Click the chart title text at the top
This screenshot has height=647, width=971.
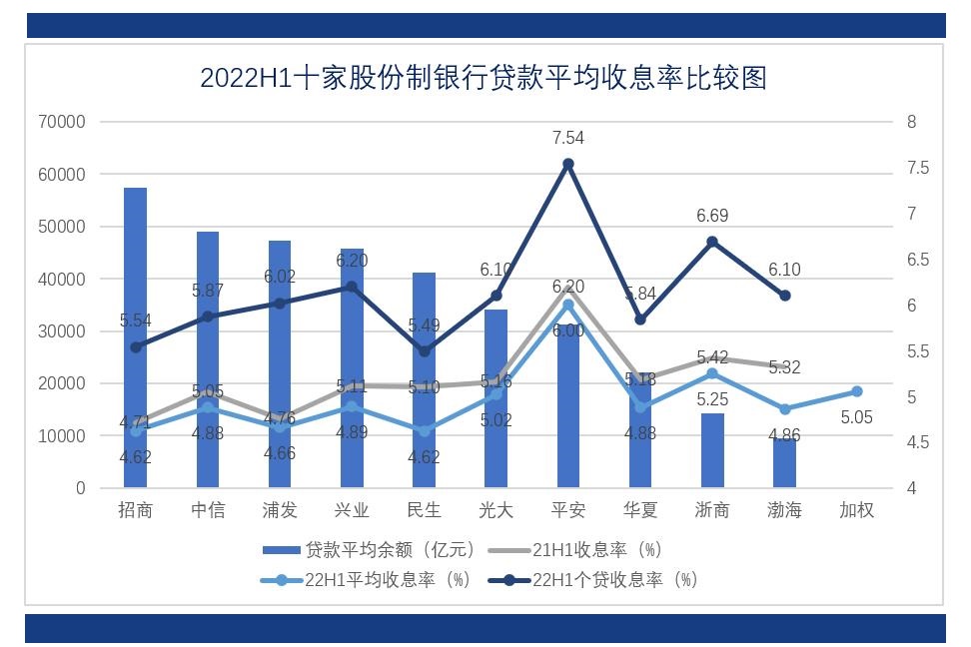pos(484,78)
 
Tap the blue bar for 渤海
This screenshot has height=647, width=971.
pos(784,464)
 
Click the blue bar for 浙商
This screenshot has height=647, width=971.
pos(712,451)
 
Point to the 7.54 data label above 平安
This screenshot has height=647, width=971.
pos(567,138)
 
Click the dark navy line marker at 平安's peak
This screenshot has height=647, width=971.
pos(568,164)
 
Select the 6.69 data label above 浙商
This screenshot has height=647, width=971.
pos(712,216)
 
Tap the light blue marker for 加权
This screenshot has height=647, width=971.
pos(856,391)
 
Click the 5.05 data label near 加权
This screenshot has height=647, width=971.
pos(856,417)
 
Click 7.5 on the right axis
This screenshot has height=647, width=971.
pos(918,168)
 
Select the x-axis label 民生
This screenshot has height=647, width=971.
pos(424,510)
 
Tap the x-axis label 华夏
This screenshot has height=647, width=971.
pos(640,510)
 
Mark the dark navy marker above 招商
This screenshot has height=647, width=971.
pos(136,346)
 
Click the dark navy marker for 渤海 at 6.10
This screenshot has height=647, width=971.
pos(784,296)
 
